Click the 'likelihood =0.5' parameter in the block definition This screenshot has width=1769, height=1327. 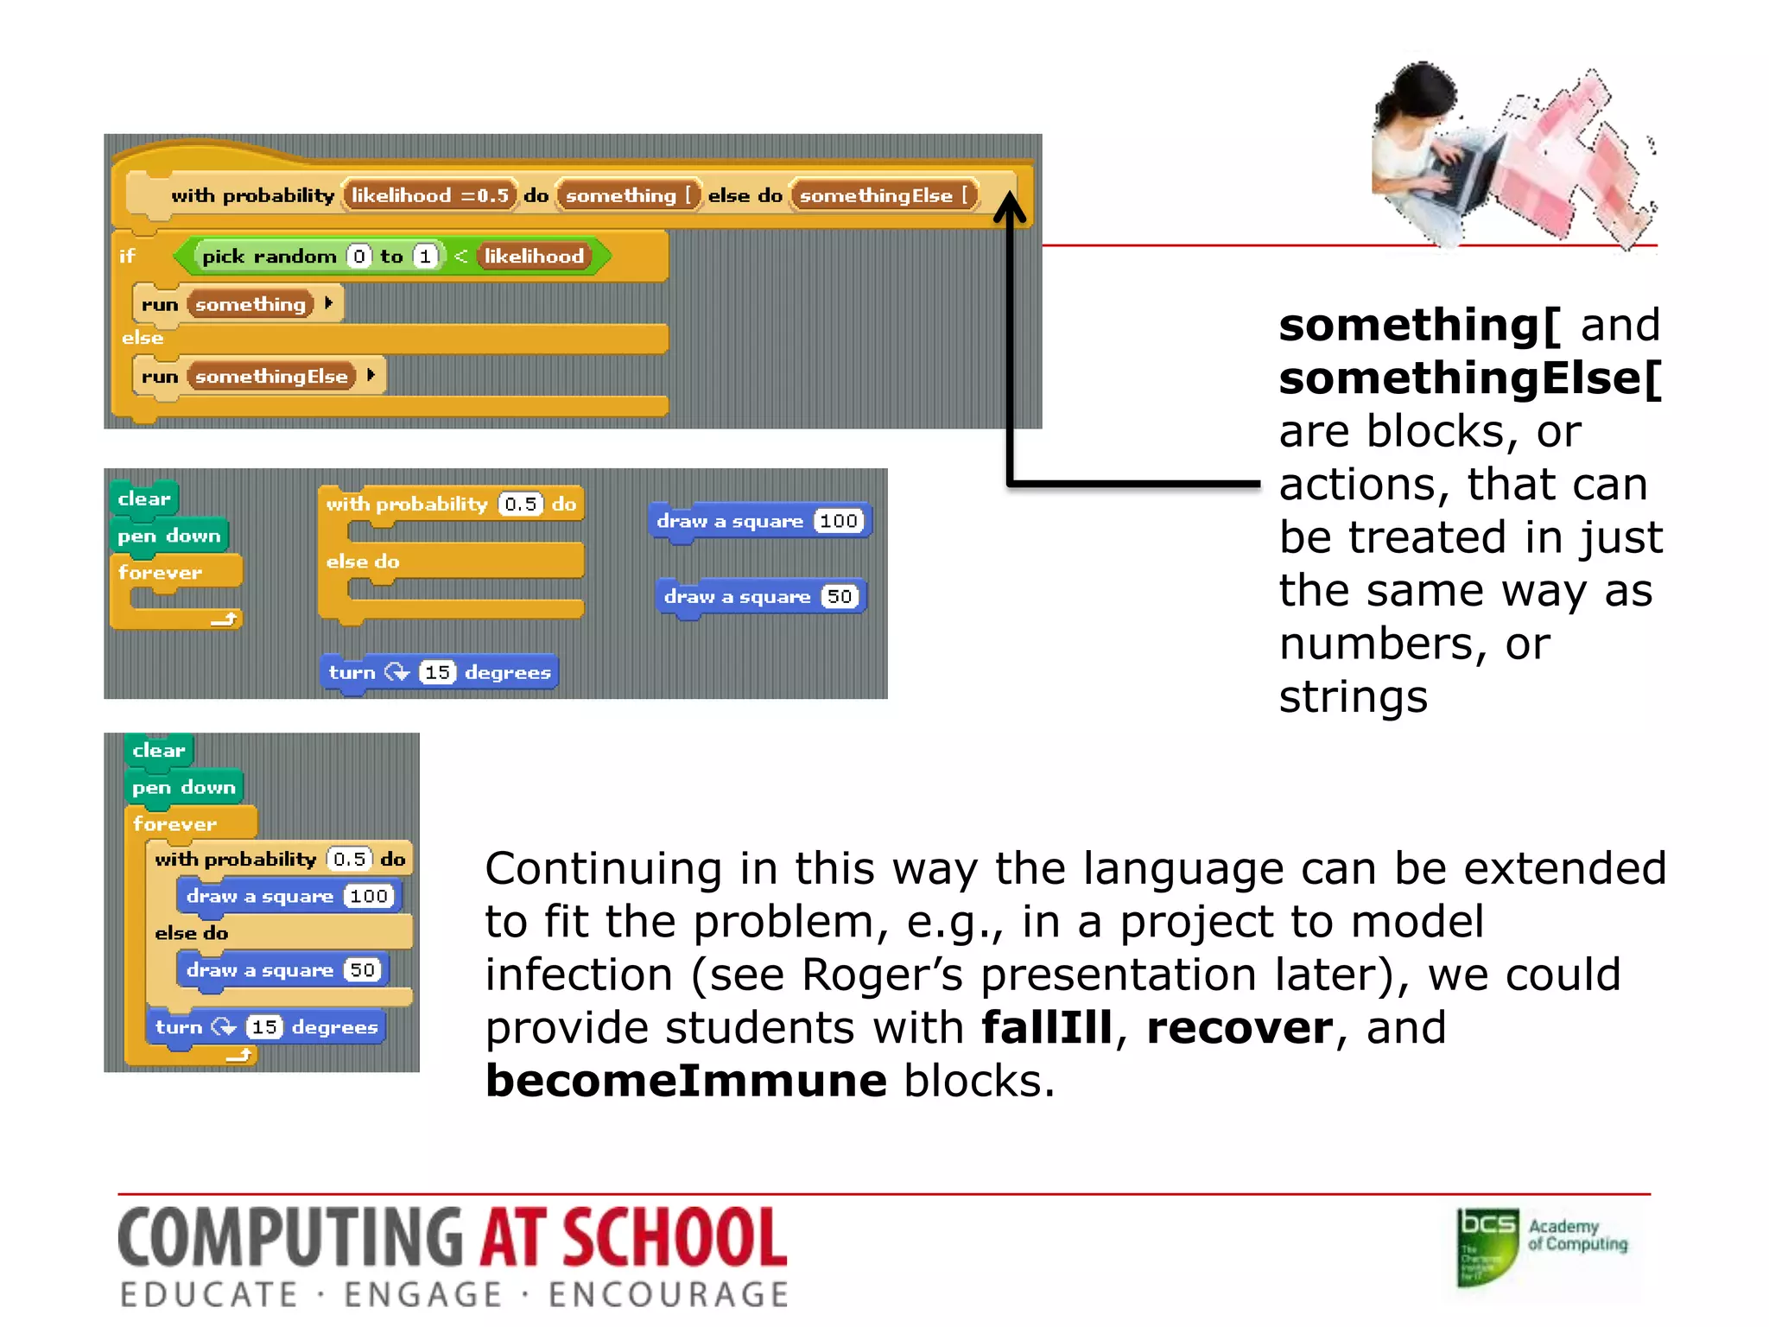429,195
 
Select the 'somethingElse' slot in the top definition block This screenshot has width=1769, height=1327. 884,195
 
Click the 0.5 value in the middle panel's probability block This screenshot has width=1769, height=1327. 521,504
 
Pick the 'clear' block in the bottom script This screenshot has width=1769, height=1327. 159,750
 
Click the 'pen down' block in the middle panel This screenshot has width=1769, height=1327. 168,536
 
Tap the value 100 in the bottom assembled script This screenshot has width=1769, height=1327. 369,896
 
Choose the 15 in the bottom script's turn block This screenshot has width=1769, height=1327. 264,1026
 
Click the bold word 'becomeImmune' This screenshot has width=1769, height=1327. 686,1080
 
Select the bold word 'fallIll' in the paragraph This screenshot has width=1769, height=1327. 1047,1027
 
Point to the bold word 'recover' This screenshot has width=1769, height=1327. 1240,1027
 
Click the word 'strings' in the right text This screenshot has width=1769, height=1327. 1353,696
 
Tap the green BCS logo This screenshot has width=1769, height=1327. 1487,1246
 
